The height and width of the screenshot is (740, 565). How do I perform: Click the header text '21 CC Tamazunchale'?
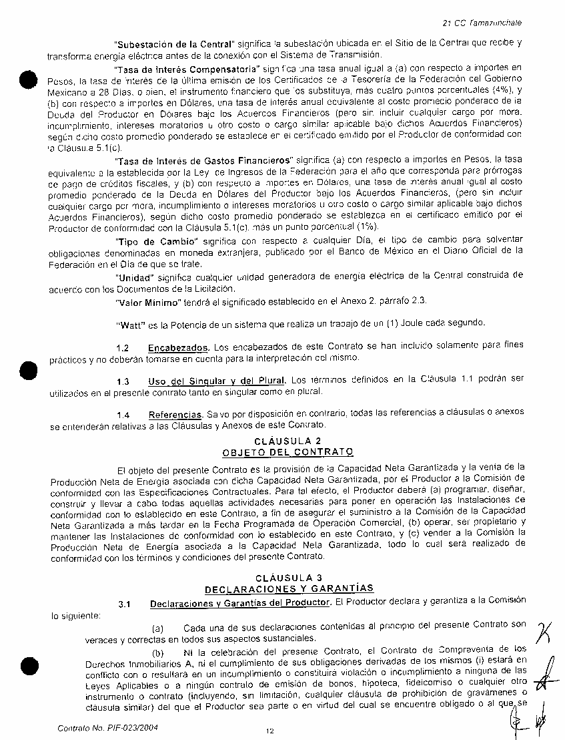point(482,23)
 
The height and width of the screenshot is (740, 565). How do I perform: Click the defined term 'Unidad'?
point(132,275)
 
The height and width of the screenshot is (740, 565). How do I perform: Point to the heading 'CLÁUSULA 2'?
point(288,441)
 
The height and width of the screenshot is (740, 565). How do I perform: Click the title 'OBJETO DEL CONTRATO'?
point(288,453)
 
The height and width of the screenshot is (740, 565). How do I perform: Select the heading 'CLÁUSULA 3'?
point(288,577)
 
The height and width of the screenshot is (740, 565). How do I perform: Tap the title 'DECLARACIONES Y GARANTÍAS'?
point(288,588)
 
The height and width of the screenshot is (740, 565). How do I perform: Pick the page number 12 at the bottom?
point(269,731)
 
